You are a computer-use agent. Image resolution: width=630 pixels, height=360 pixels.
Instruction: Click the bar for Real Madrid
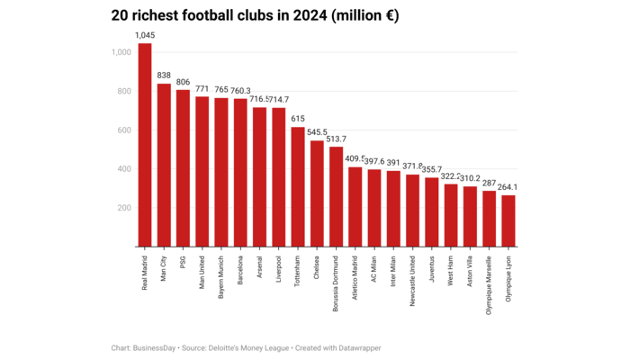144,144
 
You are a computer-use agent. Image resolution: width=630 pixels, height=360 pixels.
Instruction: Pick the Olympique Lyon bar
508,220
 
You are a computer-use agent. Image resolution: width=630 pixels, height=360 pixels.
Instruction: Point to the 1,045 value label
144,35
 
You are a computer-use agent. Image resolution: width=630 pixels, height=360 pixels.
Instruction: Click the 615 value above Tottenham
298,119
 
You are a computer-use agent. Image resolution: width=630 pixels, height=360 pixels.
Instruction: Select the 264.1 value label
510,187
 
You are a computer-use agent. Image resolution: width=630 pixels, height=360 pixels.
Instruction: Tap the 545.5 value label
318,132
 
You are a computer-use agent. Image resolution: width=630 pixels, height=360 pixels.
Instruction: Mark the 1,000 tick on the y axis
121,52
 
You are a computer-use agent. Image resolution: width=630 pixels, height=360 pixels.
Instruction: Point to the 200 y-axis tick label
123,207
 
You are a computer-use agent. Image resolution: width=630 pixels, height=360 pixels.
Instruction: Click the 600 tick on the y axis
123,130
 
